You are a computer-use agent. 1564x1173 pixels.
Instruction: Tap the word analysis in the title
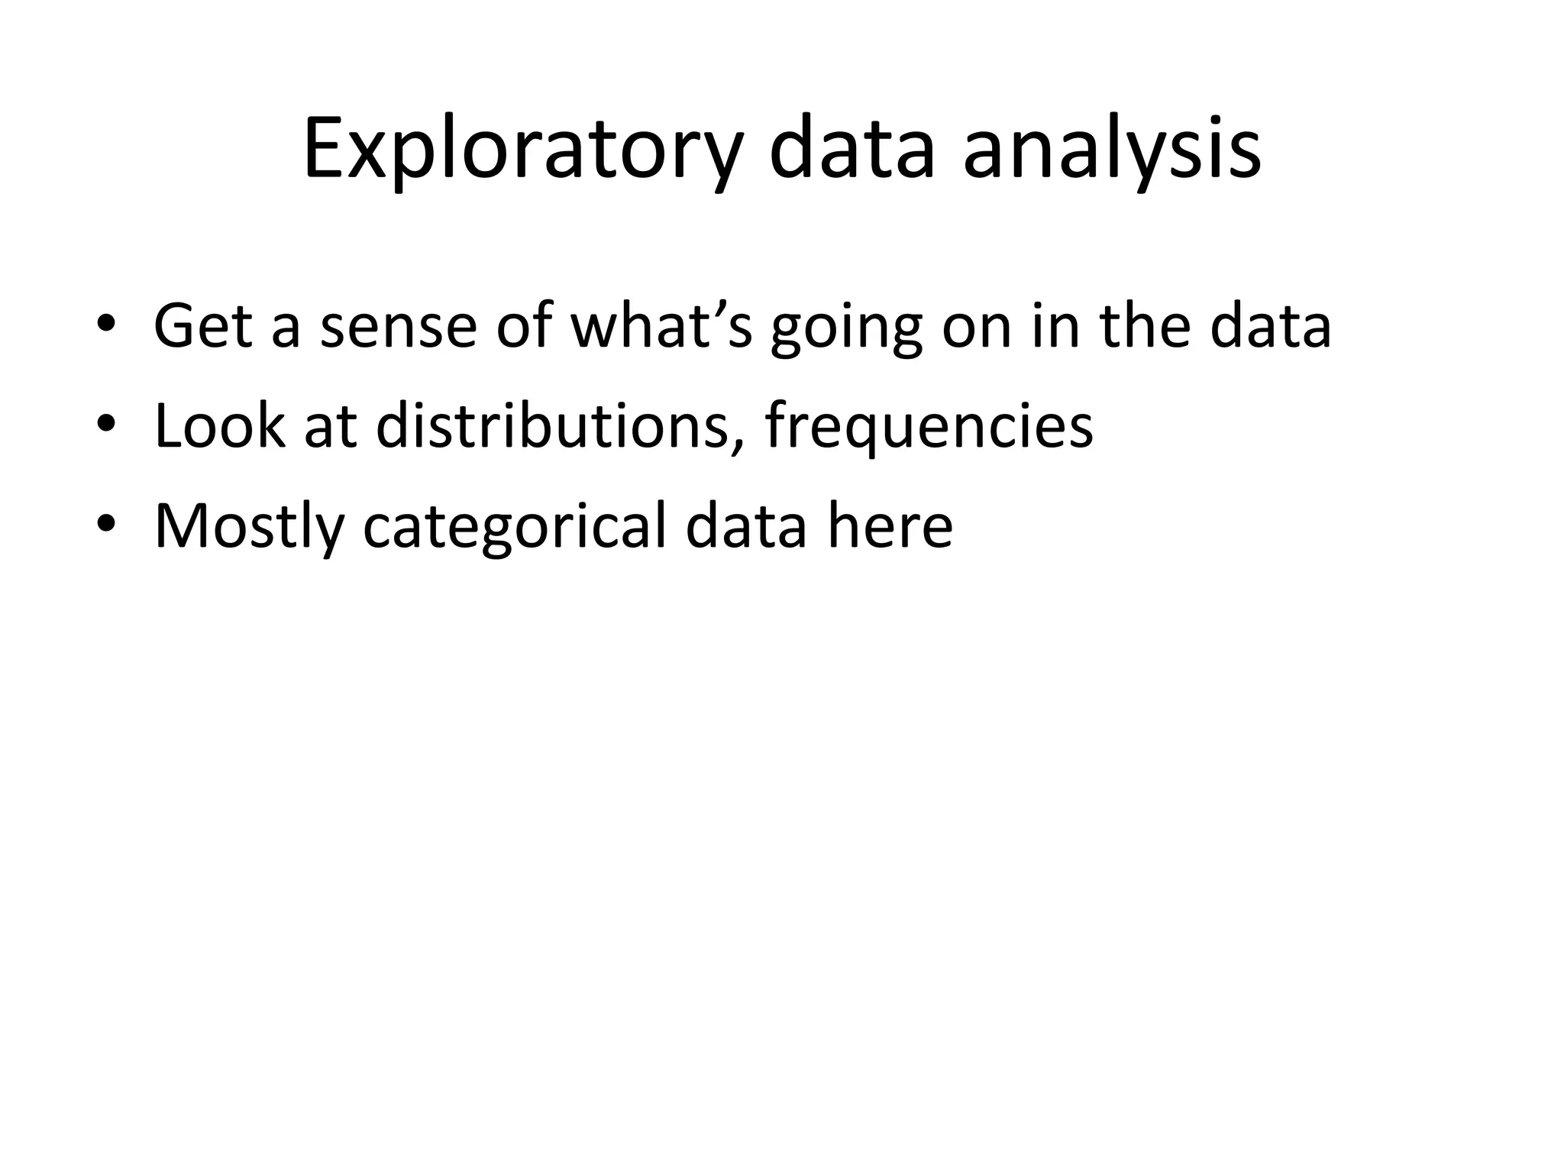1112,150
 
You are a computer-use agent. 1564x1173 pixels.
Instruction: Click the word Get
203,327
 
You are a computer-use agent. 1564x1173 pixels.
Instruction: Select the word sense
398,327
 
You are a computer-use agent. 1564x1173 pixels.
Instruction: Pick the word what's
661,327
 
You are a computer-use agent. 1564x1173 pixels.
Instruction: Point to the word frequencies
929,428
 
